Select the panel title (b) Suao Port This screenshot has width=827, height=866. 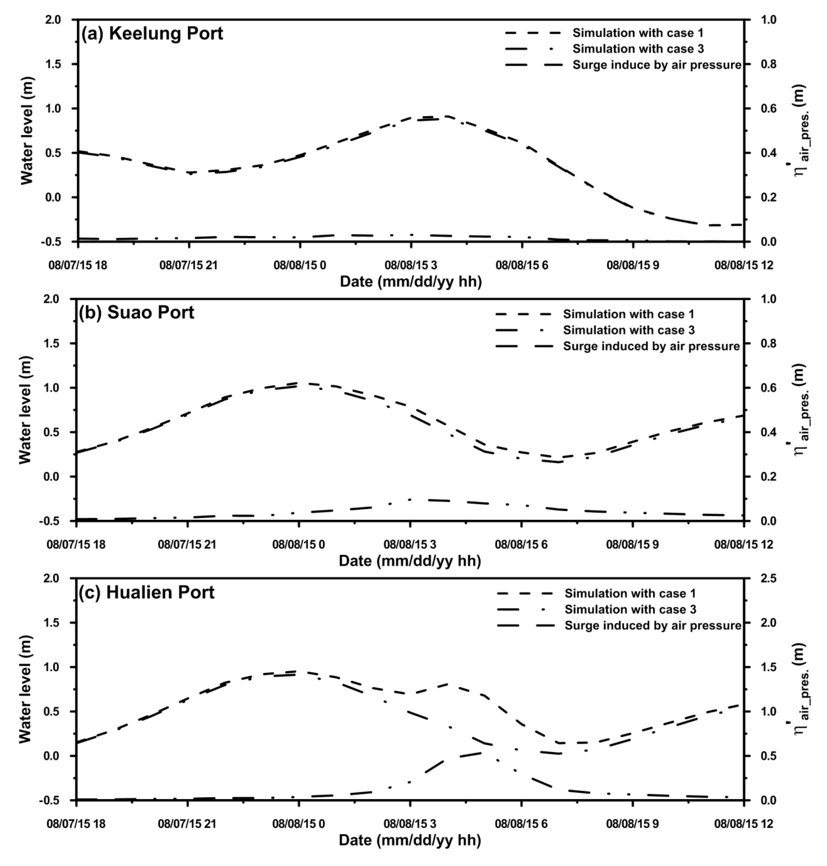[137, 313]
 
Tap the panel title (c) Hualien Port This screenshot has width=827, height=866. [147, 593]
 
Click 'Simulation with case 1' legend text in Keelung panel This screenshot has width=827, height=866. [638, 33]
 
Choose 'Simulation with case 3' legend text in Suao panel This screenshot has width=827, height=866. [629, 330]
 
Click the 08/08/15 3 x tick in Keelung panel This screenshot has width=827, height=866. [411, 265]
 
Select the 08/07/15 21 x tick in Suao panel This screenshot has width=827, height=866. [187, 545]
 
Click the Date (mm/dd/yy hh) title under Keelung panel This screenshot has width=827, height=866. [410, 281]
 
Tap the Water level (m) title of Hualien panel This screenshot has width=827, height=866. [26, 689]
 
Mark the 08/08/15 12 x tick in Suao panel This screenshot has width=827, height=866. [744, 545]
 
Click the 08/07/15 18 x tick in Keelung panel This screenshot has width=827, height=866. [78, 265]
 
